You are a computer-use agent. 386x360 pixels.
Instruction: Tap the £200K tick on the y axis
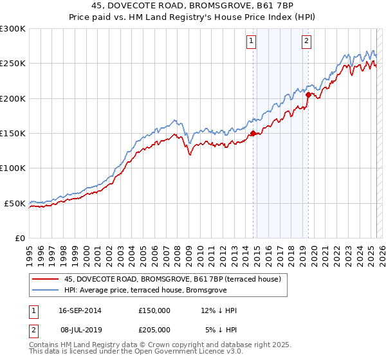click(x=13, y=98)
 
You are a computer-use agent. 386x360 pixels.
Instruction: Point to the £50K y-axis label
click(x=15, y=203)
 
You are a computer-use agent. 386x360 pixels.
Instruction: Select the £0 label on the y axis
click(x=21, y=238)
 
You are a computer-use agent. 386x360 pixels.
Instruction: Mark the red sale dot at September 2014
click(x=253, y=134)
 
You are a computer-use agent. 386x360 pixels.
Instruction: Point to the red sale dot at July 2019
click(x=308, y=95)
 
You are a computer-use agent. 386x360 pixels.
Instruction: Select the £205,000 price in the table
click(x=154, y=329)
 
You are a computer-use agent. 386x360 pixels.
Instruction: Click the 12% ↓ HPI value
click(x=219, y=310)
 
